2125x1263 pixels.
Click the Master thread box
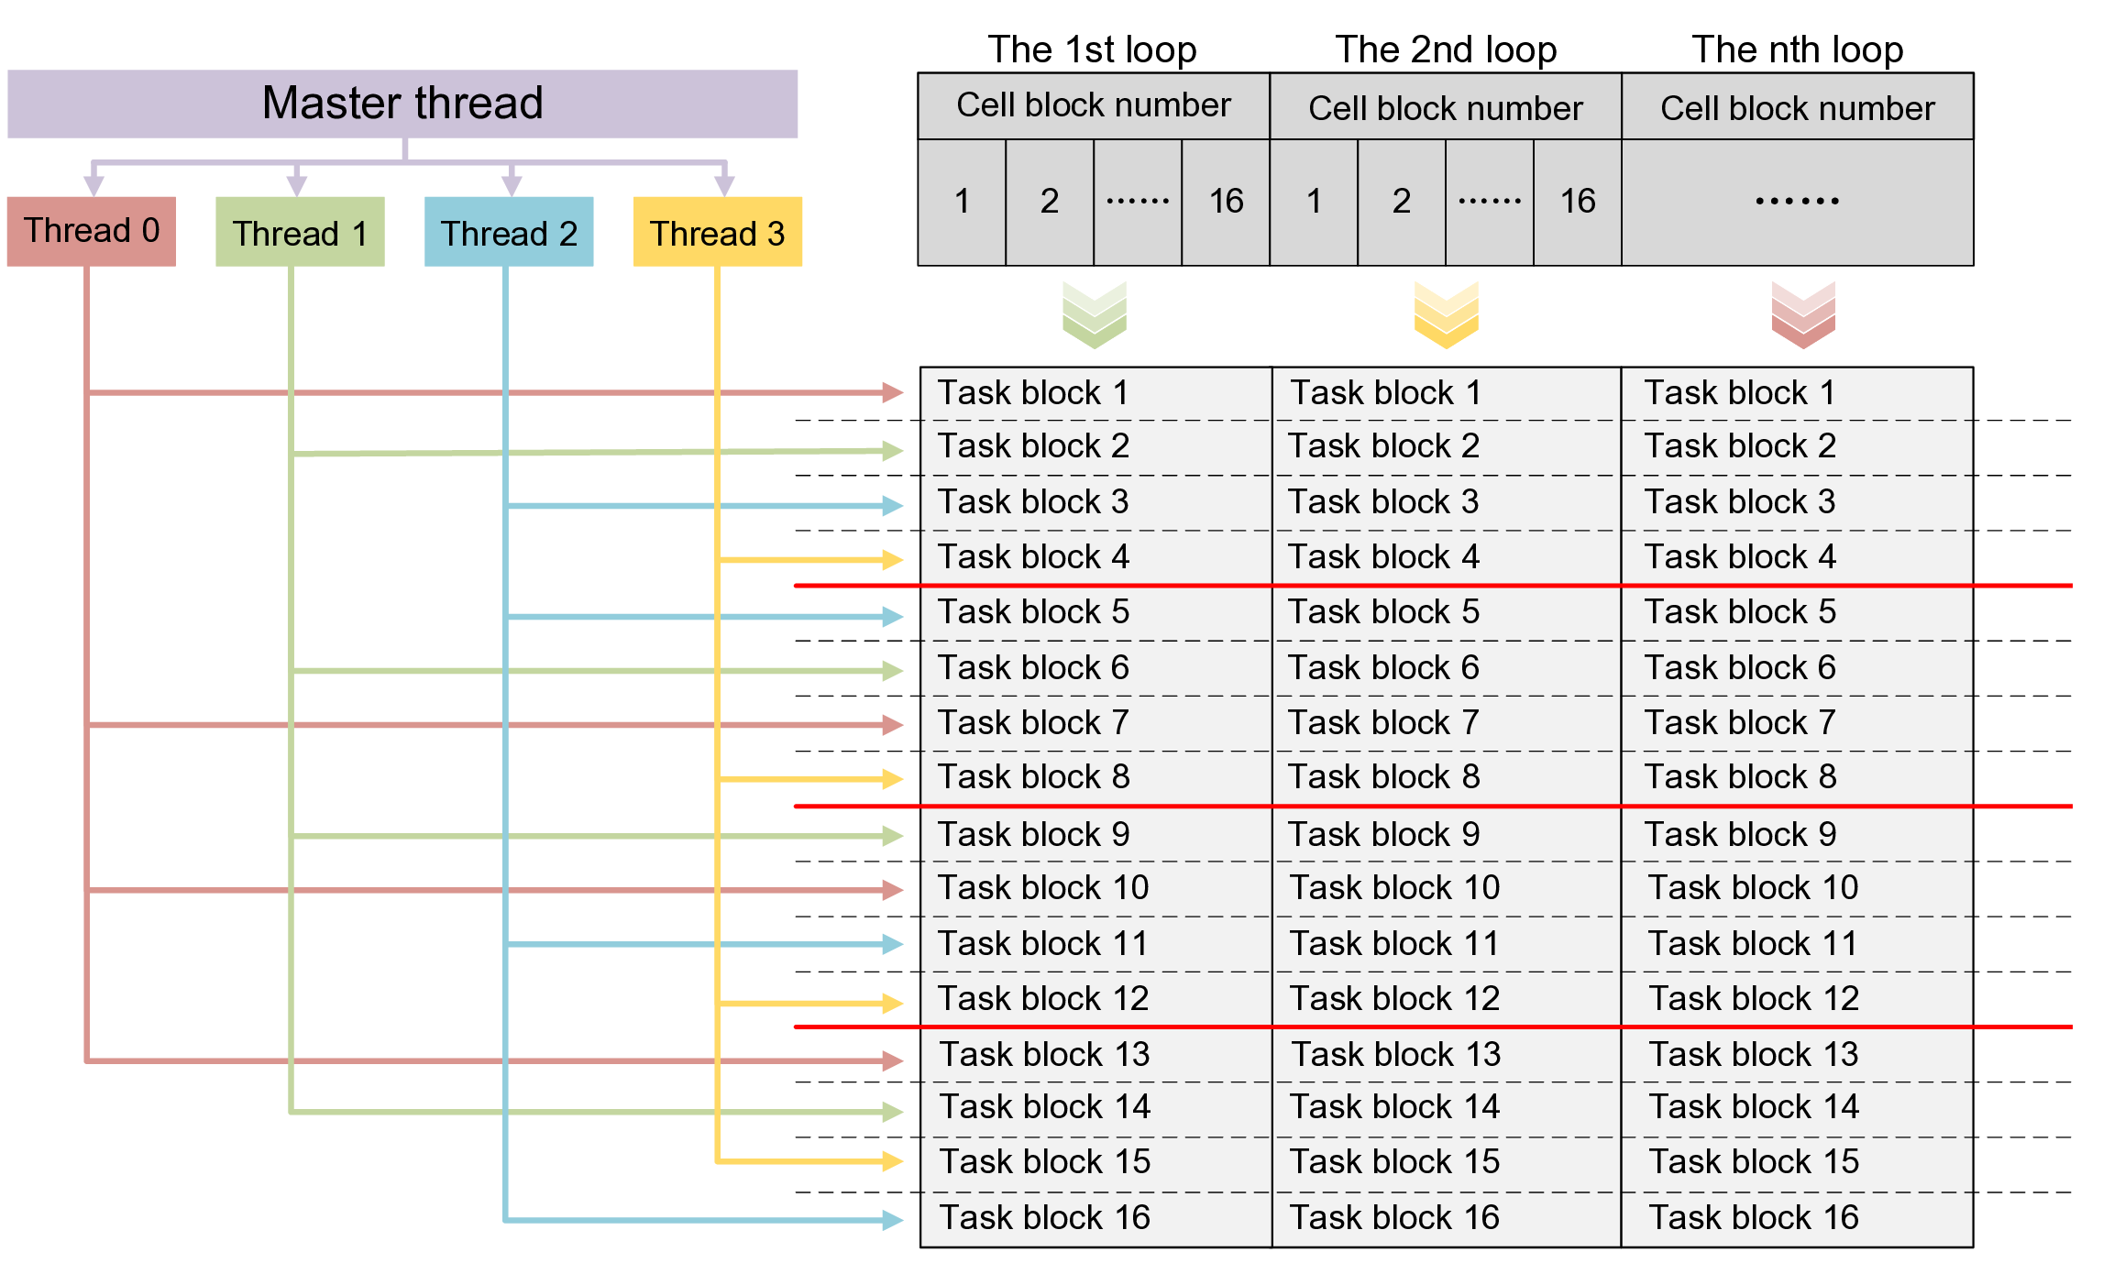pyautogui.click(x=402, y=104)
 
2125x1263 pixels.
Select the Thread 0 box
pyautogui.click(x=91, y=231)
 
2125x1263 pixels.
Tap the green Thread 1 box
pyautogui.click(x=300, y=232)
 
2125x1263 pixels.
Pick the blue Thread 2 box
pyautogui.click(x=509, y=232)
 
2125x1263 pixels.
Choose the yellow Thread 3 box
pyautogui.click(x=718, y=232)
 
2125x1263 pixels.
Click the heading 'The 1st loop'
pyautogui.click(x=1092, y=49)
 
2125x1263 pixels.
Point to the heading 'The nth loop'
pyautogui.click(x=1797, y=49)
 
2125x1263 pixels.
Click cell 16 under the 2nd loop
pyautogui.click(x=1578, y=202)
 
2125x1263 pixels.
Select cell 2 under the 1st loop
pyautogui.click(x=1050, y=202)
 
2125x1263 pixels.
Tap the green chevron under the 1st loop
pyautogui.click(x=1094, y=314)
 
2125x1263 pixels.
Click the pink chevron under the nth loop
pyautogui.click(x=1803, y=314)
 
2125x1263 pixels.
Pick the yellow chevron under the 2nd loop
pyautogui.click(x=1446, y=314)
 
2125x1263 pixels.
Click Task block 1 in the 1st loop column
pyautogui.click(x=1032, y=393)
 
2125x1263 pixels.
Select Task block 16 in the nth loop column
pyautogui.click(x=1753, y=1218)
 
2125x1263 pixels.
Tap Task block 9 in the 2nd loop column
pyautogui.click(x=1383, y=835)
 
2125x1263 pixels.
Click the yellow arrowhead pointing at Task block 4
pyautogui.click(x=891, y=559)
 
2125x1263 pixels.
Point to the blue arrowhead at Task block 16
pyautogui.click(x=891, y=1220)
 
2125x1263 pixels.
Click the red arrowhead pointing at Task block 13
pyautogui.click(x=891, y=1060)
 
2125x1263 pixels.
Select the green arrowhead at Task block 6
pyautogui.click(x=891, y=671)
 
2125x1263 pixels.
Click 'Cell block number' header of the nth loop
pyautogui.click(x=1797, y=108)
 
